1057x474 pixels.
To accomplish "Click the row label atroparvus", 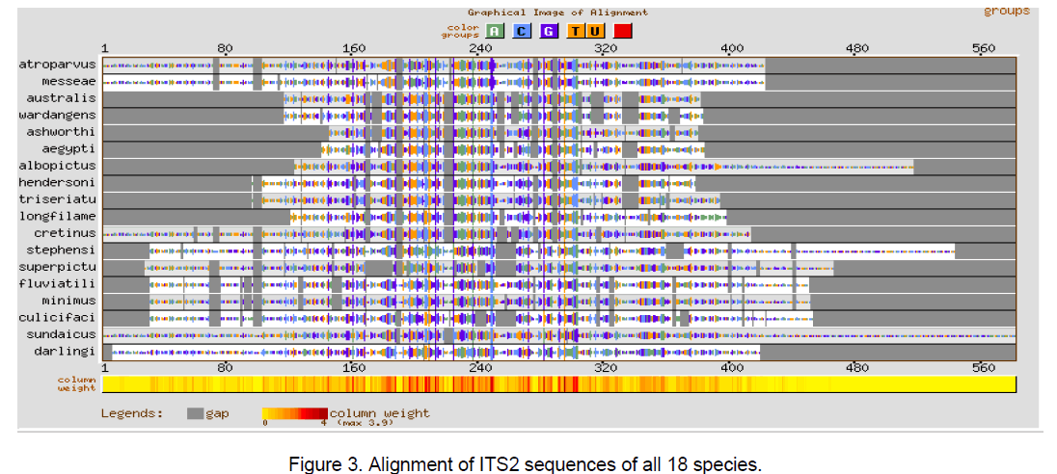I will tap(58, 65).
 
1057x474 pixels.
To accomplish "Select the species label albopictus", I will tap(58, 166).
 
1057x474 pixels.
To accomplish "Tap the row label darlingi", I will tap(66, 352).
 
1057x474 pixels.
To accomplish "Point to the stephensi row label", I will tap(62, 250).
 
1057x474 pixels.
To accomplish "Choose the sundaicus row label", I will tap(62, 334).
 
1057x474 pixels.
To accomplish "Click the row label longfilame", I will tap(58, 217).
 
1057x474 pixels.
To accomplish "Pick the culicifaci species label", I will tap(58, 318).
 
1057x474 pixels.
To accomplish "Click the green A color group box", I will tap(494, 31).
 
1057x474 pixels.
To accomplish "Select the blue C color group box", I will tap(521, 31).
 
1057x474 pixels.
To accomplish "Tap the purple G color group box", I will tap(548, 31).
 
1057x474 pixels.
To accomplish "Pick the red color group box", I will tap(623, 31).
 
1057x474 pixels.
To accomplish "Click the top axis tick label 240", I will tap(479, 48).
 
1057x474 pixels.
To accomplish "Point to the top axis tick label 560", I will tap(983, 48).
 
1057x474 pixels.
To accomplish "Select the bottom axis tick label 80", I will tap(225, 368).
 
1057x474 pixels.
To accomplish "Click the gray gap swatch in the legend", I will tap(195, 413).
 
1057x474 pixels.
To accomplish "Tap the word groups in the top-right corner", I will tap(1006, 12).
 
